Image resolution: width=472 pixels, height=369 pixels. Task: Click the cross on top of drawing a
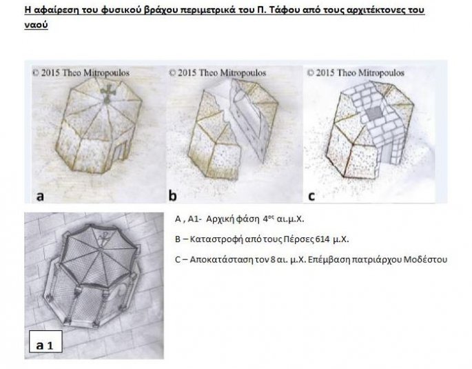(x=107, y=93)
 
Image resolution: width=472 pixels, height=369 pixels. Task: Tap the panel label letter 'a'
(x=40, y=196)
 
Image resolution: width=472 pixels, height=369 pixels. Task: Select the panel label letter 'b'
(x=172, y=195)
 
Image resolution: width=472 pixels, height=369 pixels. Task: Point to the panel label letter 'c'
(x=311, y=196)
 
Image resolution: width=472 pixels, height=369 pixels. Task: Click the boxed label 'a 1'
(x=45, y=341)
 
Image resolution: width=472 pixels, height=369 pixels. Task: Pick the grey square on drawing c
(x=374, y=113)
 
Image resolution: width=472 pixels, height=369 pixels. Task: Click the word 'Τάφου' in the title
(x=284, y=10)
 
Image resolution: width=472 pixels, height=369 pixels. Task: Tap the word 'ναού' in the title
(x=36, y=25)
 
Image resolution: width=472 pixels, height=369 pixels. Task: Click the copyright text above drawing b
(x=217, y=73)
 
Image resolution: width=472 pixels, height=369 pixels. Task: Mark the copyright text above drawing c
(x=356, y=73)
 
